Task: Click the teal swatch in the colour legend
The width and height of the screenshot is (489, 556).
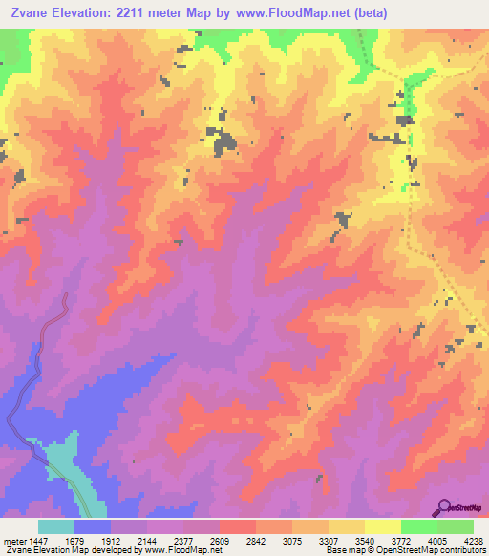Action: tap(56, 526)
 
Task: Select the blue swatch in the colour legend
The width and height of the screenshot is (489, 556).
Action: tap(93, 526)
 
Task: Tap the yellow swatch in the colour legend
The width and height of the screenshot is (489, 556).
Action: tap(382, 526)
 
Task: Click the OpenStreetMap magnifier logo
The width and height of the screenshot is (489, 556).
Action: tap(444, 507)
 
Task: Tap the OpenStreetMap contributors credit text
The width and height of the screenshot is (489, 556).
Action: tap(430, 550)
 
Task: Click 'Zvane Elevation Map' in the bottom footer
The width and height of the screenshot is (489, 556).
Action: tap(44, 550)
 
